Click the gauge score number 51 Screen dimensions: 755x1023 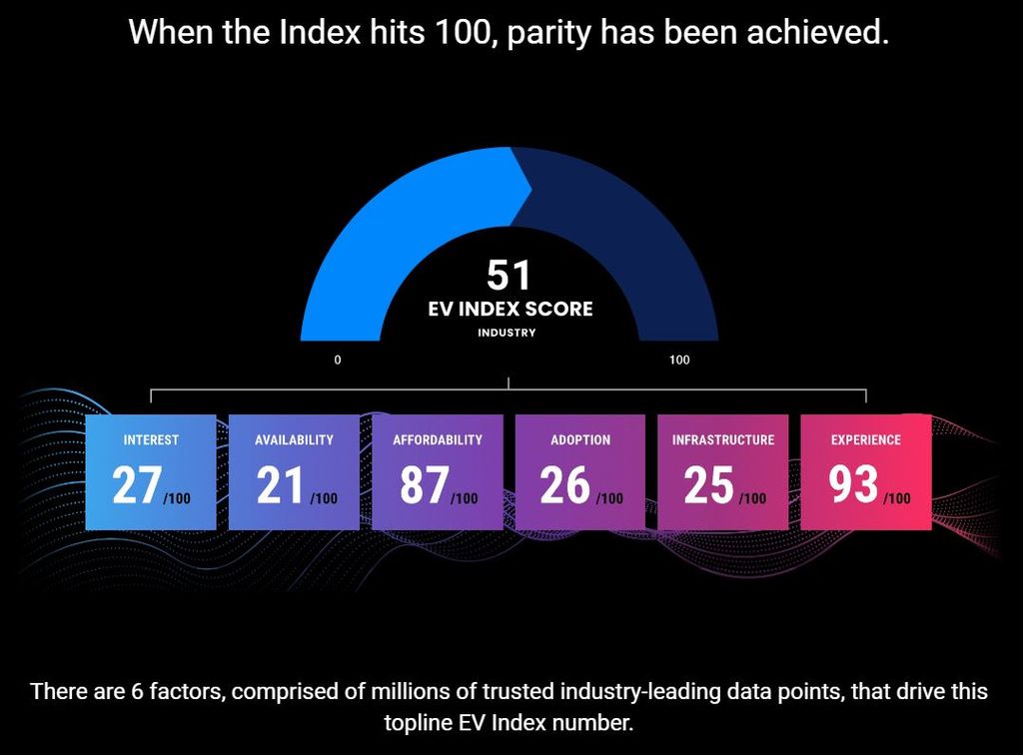point(508,275)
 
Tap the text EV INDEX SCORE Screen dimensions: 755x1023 point(510,309)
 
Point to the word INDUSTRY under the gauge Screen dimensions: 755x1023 point(507,333)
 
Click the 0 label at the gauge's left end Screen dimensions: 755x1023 point(338,360)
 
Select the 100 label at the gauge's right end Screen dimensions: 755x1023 point(678,360)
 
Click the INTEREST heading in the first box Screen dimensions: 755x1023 point(151,439)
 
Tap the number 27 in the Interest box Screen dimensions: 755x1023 point(136,485)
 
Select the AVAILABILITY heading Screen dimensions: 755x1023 point(294,439)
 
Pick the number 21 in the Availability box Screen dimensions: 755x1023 point(280,485)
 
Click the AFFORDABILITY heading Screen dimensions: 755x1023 point(438,439)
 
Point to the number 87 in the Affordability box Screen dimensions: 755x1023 point(424,485)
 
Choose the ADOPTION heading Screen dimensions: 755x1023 point(580,439)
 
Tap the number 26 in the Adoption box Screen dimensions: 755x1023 point(565,485)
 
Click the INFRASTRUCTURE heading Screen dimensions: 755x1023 point(723,439)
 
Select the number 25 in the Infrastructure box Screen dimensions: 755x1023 point(708,485)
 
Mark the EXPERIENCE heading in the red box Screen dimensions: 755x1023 point(866,439)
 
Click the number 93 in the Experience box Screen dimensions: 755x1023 point(852,485)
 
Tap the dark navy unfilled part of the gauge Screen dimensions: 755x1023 point(639,230)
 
